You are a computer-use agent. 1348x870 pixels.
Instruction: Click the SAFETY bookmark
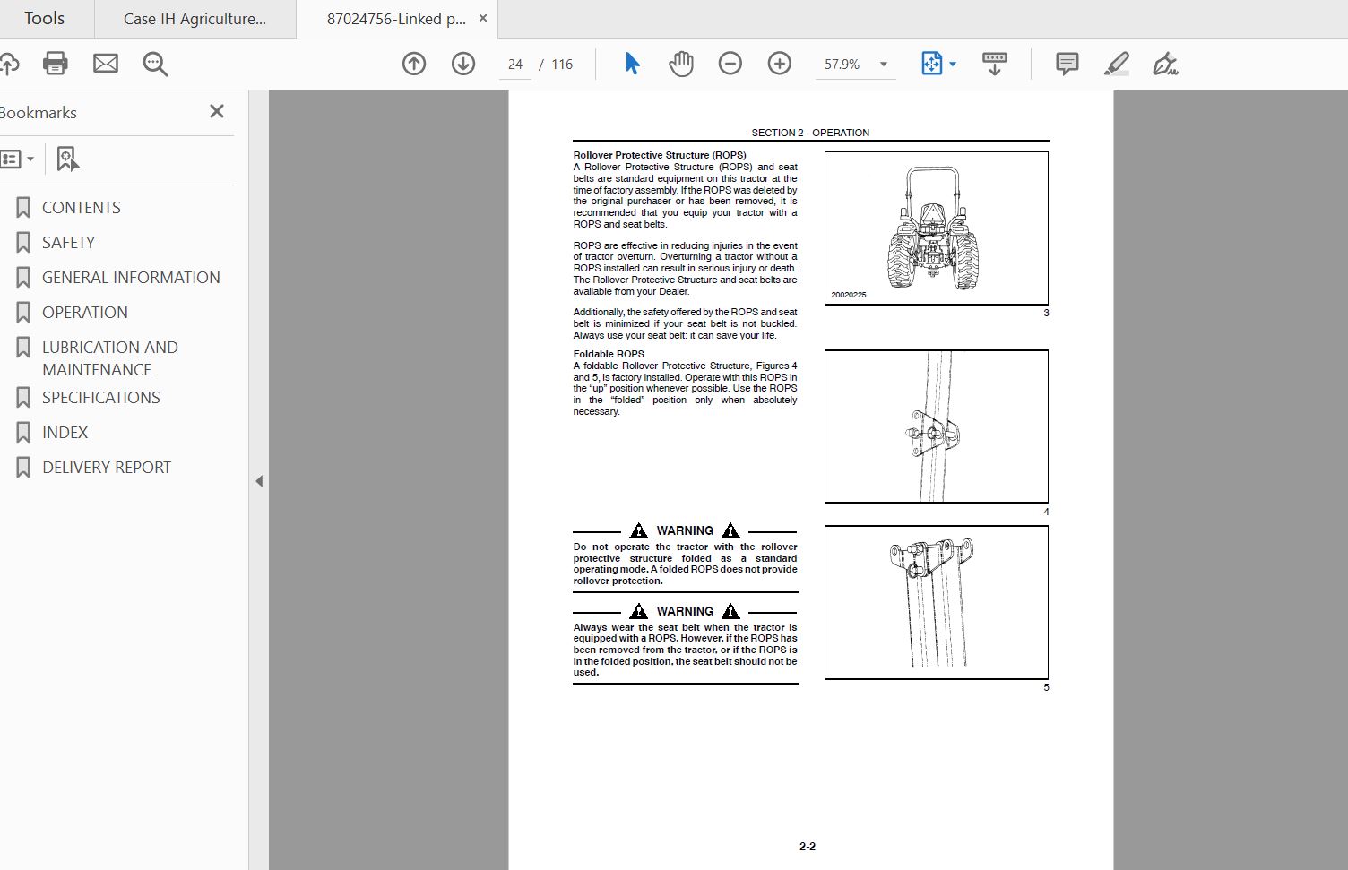68,242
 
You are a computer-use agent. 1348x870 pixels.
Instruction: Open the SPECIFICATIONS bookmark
100,397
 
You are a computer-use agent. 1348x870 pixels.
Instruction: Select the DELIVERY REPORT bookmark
106,467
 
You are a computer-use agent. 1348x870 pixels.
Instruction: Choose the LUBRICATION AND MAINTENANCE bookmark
109,357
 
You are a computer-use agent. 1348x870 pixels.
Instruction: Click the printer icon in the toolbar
56,64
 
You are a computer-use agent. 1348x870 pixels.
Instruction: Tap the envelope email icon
106,64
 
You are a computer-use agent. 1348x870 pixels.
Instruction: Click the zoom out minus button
730,64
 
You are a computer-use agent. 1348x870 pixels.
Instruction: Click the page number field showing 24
514,65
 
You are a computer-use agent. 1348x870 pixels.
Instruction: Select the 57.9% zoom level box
842,65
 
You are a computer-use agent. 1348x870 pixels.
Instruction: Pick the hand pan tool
681,64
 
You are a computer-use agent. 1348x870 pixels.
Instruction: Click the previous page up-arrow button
414,64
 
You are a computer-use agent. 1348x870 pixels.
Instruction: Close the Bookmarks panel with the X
217,111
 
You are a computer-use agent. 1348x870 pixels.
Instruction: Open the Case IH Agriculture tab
194,19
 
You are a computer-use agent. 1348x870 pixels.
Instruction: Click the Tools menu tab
44,19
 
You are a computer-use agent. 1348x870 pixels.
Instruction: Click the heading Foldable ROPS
609,354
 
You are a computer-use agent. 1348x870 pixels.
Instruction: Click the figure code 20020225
848,295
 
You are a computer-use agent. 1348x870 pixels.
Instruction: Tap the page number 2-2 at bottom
808,847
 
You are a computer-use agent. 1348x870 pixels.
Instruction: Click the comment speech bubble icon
1067,64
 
